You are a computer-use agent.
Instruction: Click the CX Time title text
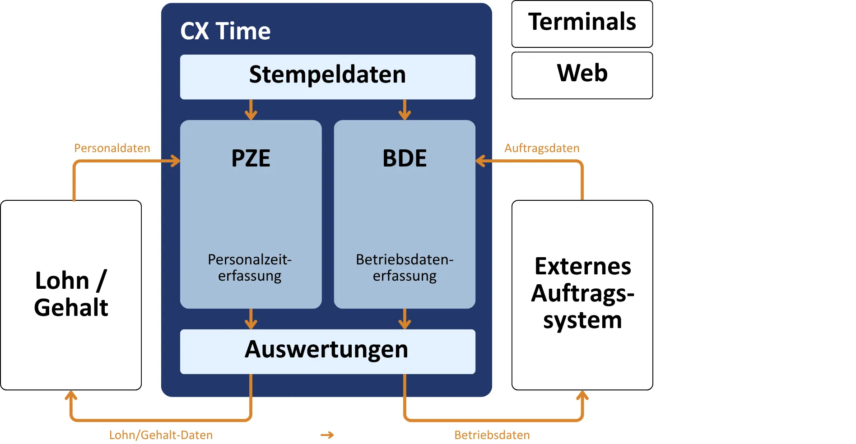(x=225, y=31)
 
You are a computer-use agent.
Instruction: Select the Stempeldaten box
(x=327, y=76)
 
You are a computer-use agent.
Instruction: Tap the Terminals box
(x=582, y=23)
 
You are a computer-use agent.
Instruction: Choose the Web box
(x=582, y=74)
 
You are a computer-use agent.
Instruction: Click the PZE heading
(x=251, y=158)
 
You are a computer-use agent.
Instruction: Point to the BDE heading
(x=405, y=158)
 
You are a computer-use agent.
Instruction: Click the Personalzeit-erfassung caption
(x=250, y=268)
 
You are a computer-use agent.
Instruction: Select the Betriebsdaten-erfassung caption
(x=405, y=268)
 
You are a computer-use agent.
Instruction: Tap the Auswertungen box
(x=327, y=351)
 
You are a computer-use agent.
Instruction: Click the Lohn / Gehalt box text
(x=71, y=294)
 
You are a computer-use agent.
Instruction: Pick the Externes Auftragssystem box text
(x=582, y=293)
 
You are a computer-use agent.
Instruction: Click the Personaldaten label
(x=112, y=148)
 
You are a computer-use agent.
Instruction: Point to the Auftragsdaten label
(x=542, y=148)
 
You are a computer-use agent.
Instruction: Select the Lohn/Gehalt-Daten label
(x=161, y=435)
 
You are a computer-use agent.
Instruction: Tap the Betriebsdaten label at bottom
(x=492, y=435)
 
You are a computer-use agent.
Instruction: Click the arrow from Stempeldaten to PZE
(x=251, y=110)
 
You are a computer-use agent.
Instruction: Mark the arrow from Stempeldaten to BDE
(x=405, y=110)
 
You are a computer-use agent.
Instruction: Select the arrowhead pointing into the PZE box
(x=175, y=161)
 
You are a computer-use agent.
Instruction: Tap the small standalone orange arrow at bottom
(x=327, y=435)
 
